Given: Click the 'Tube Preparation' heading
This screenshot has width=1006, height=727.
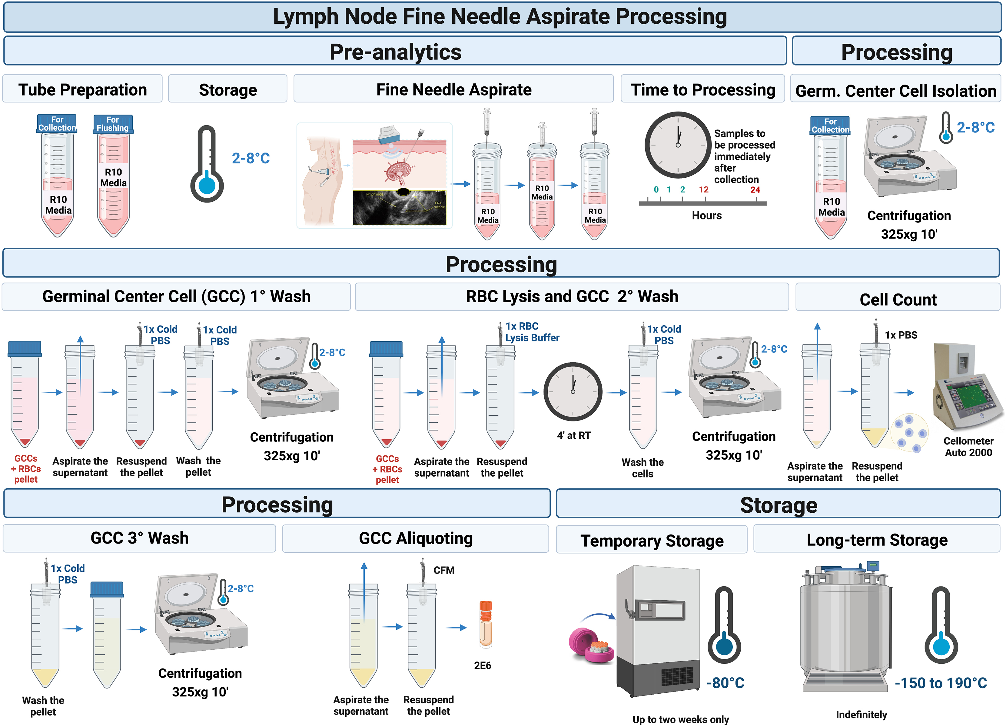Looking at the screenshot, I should tap(82, 90).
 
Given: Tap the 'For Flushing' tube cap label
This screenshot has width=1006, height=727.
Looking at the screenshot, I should tap(113, 124).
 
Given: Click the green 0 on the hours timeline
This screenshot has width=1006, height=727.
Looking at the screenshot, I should tap(656, 189).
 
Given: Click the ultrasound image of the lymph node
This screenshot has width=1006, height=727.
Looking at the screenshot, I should tap(399, 207).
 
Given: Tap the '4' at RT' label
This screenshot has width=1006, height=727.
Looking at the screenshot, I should tap(573, 435).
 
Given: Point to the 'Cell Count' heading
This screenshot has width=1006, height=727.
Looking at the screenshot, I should tap(898, 300).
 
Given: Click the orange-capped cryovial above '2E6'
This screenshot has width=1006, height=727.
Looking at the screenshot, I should tap(485, 624).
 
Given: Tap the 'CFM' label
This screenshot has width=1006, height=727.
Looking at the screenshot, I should tap(443, 570).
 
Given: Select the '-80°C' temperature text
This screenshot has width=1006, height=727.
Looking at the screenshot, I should tap(725, 683).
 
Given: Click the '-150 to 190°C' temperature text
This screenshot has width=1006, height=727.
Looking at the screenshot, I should tap(940, 683).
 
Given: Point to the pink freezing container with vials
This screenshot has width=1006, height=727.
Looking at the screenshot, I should tap(591, 646).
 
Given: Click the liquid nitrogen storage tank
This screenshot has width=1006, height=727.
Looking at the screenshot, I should tap(845, 630).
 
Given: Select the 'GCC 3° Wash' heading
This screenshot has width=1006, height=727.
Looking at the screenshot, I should tap(139, 538).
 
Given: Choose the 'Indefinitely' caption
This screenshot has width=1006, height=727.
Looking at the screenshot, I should tap(862, 715).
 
